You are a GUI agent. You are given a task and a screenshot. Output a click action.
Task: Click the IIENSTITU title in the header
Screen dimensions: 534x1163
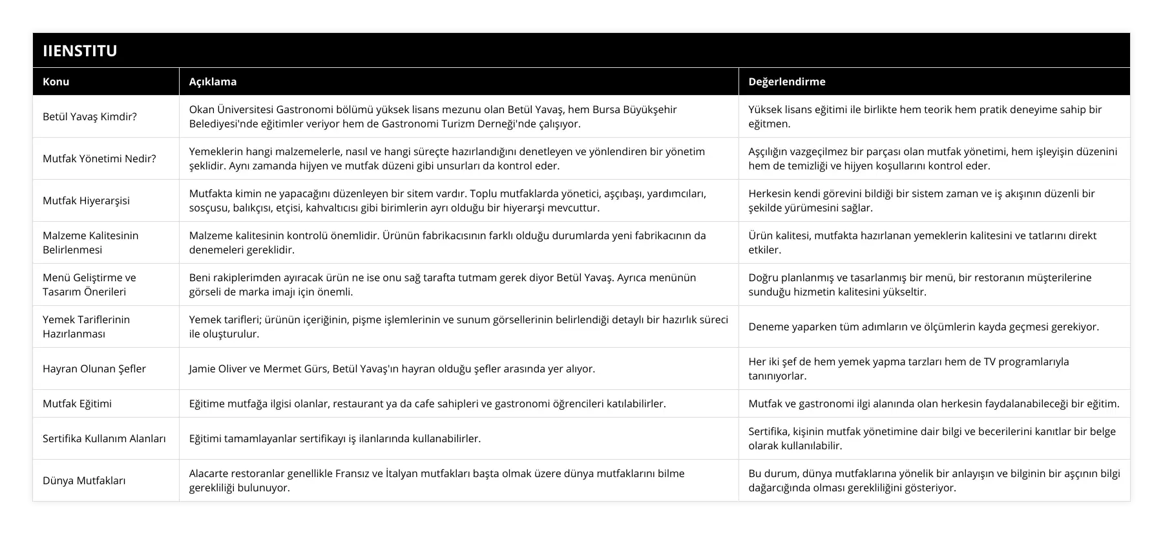pyautogui.click(x=80, y=50)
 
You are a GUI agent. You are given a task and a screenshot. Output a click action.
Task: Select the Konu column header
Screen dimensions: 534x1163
pyautogui.click(x=56, y=81)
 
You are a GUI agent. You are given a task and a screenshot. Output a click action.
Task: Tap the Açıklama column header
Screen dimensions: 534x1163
pyautogui.click(x=213, y=81)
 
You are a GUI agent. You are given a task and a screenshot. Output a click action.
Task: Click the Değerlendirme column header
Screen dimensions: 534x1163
pyautogui.click(x=786, y=81)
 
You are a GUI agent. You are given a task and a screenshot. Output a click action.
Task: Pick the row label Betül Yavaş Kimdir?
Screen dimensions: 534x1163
pyautogui.click(x=89, y=116)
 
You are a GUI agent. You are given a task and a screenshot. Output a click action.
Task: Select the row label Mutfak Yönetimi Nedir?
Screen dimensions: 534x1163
pyautogui.click(x=99, y=158)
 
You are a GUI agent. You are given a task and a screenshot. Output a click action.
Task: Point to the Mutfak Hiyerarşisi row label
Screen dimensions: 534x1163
pyautogui.click(x=86, y=200)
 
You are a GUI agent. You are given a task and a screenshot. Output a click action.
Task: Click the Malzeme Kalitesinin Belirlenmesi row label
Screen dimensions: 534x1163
pyautogui.click(x=90, y=242)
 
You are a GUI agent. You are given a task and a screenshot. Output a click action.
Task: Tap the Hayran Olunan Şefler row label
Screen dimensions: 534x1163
pyautogui.click(x=94, y=368)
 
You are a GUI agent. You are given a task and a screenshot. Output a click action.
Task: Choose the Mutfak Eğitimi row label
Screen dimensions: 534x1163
pyautogui.click(x=77, y=403)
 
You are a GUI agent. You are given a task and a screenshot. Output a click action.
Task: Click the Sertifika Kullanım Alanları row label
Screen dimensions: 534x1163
pyautogui.click(x=104, y=438)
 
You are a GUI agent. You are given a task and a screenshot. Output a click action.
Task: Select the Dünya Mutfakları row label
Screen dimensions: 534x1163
pyautogui.click(x=83, y=480)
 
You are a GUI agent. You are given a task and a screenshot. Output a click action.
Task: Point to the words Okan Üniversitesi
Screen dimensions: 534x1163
pyautogui.click(x=231, y=109)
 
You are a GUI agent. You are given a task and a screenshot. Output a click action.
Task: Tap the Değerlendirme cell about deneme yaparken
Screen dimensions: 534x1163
pyautogui.click(x=923, y=326)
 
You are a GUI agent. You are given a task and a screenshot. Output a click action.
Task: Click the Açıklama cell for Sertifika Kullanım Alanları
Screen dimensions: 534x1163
pyautogui.click(x=335, y=438)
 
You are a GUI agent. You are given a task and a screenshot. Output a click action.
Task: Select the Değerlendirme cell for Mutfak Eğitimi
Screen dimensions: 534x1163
pyautogui.click(x=934, y=403)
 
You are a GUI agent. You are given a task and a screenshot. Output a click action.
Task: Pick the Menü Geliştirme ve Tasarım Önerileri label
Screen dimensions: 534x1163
pyautogui.click(x=89, y=284)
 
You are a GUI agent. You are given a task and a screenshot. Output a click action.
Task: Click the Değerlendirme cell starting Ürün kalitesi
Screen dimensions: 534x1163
pyautogui.click(x=922, y=242)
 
